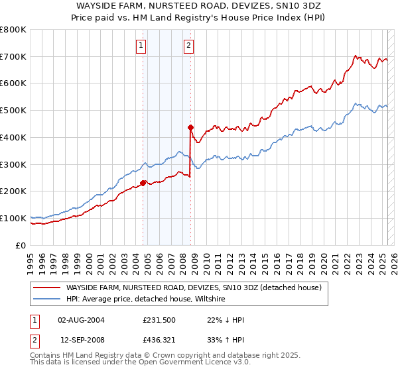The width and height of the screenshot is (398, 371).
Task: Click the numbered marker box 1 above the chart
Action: [142, 46]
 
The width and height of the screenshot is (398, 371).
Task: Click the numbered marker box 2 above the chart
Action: [189, 46]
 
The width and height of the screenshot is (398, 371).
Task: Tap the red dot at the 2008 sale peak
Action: [190, 127]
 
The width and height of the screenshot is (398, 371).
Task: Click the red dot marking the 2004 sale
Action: [143, 183]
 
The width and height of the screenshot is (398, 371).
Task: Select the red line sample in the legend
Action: [47, 288]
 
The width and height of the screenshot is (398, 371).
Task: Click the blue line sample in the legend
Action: [47, 299]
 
